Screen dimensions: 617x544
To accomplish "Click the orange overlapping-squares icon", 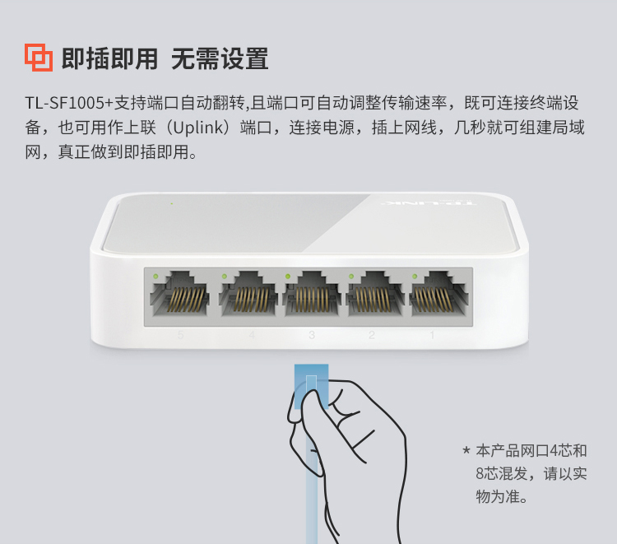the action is pyautogui.click(x=39, y=58).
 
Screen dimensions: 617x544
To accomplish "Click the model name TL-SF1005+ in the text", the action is pyautogui.click(x=69, y=103).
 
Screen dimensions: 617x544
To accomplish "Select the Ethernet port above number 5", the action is pyautogui.click(x=179, y=294).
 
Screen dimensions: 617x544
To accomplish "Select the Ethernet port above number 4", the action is pyautogui.click(x=248, y=294).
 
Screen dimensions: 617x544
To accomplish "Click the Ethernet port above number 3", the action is pyautogui.click(x=312, y=294).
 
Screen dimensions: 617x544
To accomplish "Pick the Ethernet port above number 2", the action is pyautogui.click(x=375, y=294).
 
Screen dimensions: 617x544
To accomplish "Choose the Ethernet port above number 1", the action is pyautogui.click(x=439, y=294).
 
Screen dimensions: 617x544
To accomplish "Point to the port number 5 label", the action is pyautogui.click(x=180, y=335).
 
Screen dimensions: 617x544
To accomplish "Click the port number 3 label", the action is pyautogui.click(x=312, y=335).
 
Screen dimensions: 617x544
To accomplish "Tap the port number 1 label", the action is pyautogui.click(x=432, y=335).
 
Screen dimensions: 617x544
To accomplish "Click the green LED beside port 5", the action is pyautogui.click(x=155, y=277).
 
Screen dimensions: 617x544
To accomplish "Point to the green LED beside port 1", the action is pyautogui.click(x=415, y=277).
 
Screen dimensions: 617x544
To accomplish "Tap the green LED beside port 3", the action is pyautogui.click(x=288, y=277).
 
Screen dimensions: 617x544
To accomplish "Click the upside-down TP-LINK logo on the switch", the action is pyautogui.click(x=429, y=203).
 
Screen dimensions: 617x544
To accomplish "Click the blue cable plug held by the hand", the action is pyautogui.click(x=311, y=386).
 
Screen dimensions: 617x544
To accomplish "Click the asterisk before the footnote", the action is pyautogui.click(x=466, y=449).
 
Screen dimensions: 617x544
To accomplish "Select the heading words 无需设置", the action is pyautogui.click(x=220, y=59).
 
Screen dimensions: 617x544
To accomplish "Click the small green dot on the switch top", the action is pyautogui.click(x=172, y=203).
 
